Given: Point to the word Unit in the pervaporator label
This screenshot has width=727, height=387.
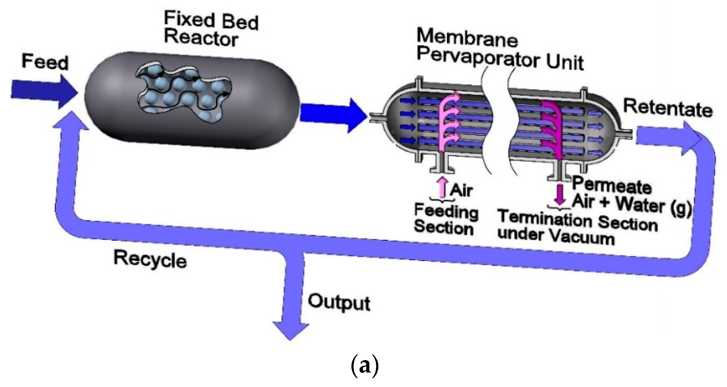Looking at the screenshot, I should pos(564,63).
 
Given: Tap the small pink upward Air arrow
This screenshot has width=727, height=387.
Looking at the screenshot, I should pos(443,187).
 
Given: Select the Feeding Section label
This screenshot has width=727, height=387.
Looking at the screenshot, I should pos(445,219).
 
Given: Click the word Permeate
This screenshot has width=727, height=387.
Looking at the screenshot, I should pos(612,187).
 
